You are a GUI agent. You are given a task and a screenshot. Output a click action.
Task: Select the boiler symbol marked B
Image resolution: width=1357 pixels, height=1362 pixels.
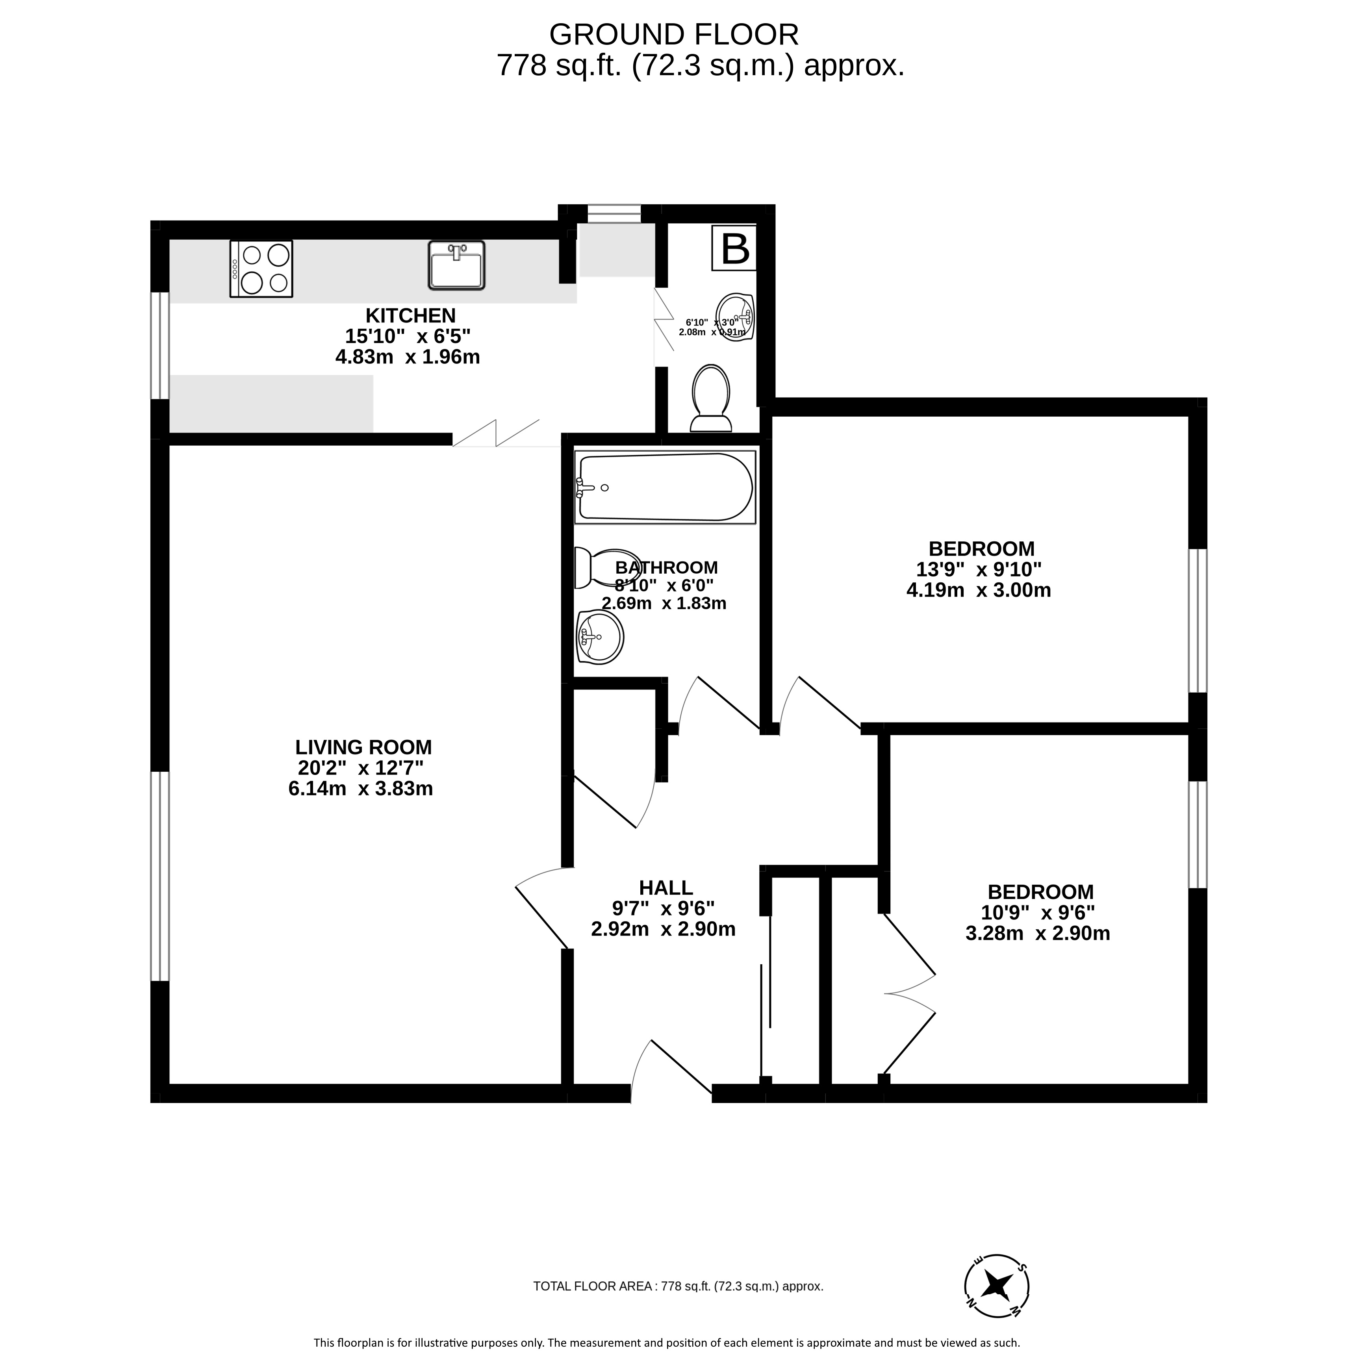(734, 248)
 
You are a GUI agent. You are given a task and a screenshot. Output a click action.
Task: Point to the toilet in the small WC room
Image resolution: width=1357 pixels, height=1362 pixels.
(710, 398)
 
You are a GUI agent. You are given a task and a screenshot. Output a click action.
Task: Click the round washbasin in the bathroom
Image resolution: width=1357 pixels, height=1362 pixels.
(600, 637)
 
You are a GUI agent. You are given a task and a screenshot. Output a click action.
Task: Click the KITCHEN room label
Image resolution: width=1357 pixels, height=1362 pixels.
(410, 315)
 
